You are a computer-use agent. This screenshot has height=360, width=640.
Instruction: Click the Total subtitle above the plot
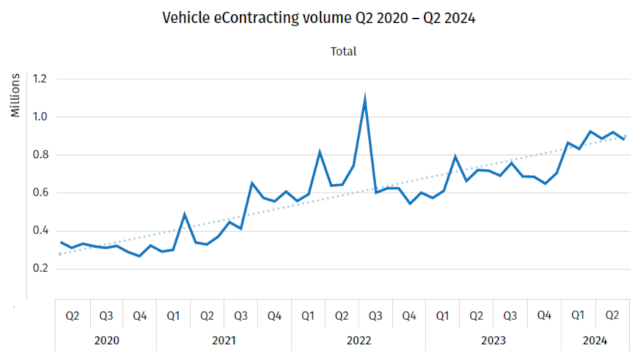click(343, 52)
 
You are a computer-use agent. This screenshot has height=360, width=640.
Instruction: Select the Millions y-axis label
click(15, 95)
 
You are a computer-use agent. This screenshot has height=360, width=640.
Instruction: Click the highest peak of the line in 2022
click(364, 99)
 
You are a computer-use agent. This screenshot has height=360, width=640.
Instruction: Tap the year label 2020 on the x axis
click(106, 340)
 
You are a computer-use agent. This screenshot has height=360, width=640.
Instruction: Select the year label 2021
click(224, 340)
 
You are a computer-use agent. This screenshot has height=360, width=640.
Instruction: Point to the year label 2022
click(359, 340)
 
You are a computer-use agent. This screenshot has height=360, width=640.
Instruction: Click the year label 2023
click(493, 340)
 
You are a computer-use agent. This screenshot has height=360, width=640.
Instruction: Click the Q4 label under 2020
click(140, 316)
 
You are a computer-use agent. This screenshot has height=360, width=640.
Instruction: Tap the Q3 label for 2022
click(375, 316)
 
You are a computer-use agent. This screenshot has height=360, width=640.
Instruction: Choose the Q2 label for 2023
click(476, 316)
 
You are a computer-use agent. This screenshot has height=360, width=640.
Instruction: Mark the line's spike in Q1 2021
click(185, 215)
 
